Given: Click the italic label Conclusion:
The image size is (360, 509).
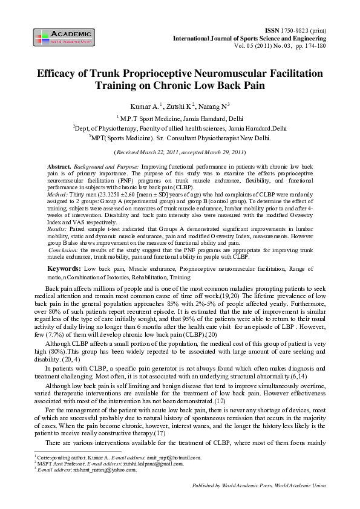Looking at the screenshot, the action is pyautogui.click(x=63, y=250).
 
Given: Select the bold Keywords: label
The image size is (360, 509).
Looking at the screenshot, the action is pyautogui.click(x=62, y=267).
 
